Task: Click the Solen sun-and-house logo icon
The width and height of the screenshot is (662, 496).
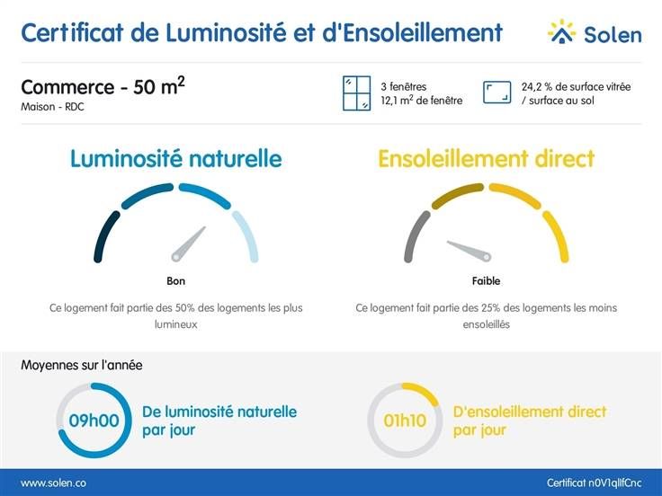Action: tap(562, 32)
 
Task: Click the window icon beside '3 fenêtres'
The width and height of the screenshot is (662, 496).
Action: tap(356, 93)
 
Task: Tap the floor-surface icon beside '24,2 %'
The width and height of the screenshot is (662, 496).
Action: tap(497, 93)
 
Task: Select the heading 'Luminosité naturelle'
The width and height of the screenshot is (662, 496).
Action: tap(176, 159)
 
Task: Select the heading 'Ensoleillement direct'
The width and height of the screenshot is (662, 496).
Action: tap(486, 159)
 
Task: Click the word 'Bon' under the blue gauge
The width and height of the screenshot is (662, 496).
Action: tap(176, 281)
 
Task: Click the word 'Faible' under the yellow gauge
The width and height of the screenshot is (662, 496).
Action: tap(486, 281)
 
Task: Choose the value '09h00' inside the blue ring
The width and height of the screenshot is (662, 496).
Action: tap(94, 421)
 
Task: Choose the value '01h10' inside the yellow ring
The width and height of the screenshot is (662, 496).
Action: tap(404, 421)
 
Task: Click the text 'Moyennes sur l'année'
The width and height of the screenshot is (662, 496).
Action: tap(81, 366)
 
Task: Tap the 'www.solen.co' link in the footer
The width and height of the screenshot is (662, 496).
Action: tap(53, 483)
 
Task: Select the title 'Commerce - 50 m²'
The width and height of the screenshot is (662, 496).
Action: tap(103, 87)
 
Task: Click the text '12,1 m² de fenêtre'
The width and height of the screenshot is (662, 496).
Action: tap(421, 101)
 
